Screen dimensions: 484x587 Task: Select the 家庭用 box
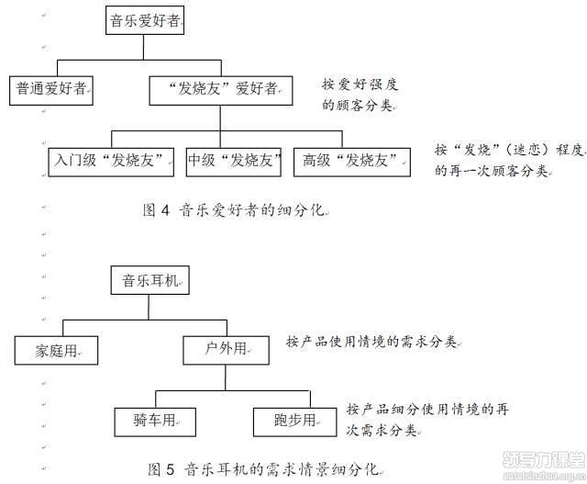click(x=58, y=350)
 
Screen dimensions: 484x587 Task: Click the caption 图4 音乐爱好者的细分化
click(x=235, y=209)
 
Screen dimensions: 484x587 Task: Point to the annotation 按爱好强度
click(x=359, y=84)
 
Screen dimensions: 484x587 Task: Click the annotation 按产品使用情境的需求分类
click(x=372, y=342)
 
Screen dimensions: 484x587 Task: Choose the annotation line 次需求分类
click(x=382, y=428)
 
